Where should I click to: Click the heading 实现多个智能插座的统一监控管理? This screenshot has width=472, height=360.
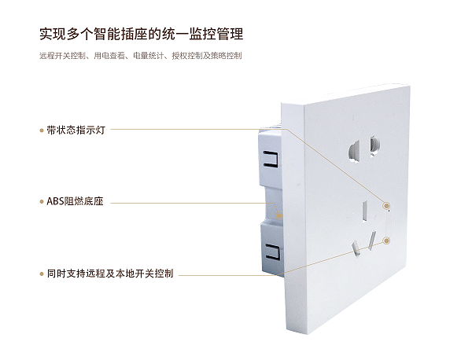click(x=141, y=35)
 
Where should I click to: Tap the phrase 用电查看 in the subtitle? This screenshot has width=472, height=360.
click(x=109, y=57)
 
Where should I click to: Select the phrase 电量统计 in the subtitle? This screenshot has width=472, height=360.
click(x=149, y=57)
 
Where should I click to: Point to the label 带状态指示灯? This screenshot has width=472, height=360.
click(x=76, y=130)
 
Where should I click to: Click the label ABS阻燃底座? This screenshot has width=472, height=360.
click(x=75, y=202)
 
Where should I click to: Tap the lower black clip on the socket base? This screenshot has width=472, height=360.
click(x=273, y=253)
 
